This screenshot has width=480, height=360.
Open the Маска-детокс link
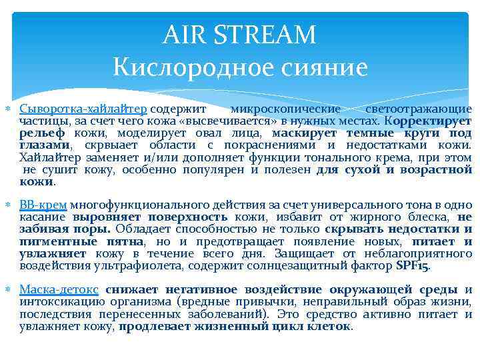click(x=59, y=289)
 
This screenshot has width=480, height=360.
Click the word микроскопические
click(x=285, y=109)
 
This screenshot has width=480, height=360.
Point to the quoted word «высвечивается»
click(x=217, y=121)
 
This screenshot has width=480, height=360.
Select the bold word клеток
click(x=331, y=325)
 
